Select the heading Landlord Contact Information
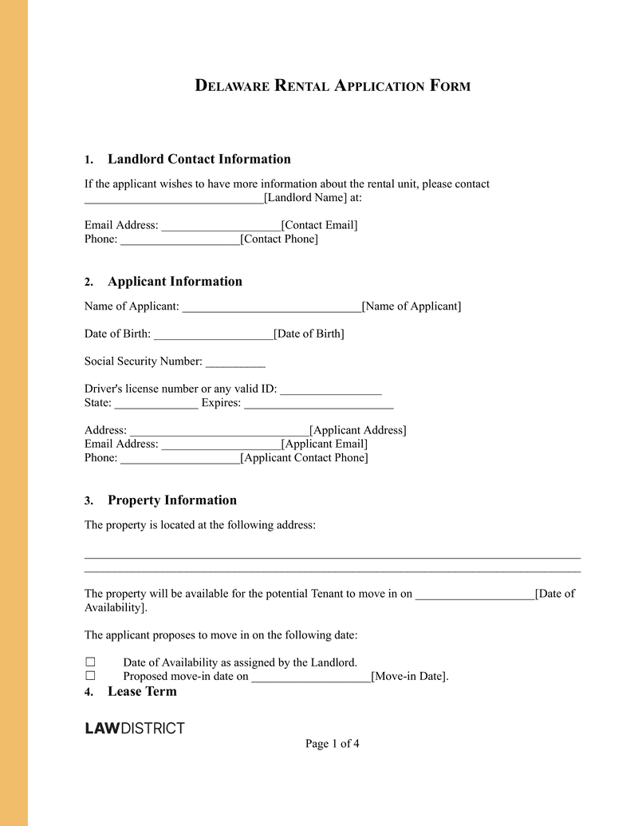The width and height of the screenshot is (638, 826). pyautogui.click(x=199, y=159)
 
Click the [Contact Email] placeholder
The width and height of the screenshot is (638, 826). pyautogui.click(x=319, y=225)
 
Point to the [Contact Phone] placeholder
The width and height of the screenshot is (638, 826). pyautogui.click(x=278, y=239)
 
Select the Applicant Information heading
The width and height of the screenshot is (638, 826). pyautogui.click(x=175, y=281)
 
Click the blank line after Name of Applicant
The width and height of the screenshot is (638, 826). pyautogui.click(x=271, y=306)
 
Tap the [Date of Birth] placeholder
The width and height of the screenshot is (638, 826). pyautogui.click(x=309, y=334)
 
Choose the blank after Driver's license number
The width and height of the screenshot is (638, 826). pyautogui.click(x=331, y=389)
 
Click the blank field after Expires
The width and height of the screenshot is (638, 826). pyautogui.click(x=318, y=403)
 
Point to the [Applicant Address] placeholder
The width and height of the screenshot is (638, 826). pyautogui.click(x=357, y=430)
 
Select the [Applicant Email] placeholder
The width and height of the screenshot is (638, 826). pyautogui.click(x=324, y=444)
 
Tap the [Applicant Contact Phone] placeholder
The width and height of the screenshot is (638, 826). pyautogui.click(x=304, y=457)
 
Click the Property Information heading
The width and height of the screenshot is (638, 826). pyautogui.click(x=172, y=500)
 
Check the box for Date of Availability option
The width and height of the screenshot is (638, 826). pyautogui.click(x=90, y=662)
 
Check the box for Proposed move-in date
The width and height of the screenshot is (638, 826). pyautogui.click(x=90, y=676)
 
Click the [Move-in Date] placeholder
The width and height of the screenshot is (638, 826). pyautogui.click(x=409, y=677)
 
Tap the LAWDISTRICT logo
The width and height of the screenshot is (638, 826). pyautogui.click(x=135, y=728)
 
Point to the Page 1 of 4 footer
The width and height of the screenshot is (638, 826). pyautogui.click(x=333, y=744)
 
